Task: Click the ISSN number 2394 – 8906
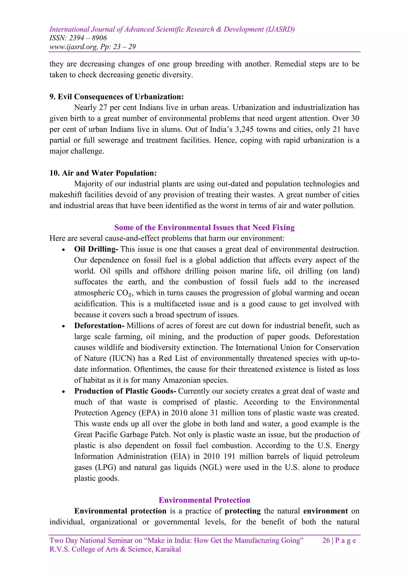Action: tap(88, 38)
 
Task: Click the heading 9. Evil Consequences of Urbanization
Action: tap(117, 97)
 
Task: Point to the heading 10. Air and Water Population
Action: tap(103, 173)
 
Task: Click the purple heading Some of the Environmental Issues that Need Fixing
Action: tap(204, 227)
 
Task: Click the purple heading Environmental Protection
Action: tap(204, 500)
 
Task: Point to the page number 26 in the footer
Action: tap(326, 540)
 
